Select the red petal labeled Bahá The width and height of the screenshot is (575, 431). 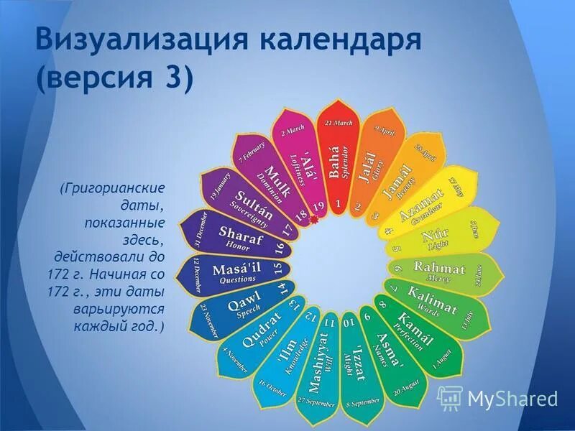point(336,162)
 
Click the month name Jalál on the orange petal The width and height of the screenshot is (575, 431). point(367,167)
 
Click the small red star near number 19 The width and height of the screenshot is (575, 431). point(313,223)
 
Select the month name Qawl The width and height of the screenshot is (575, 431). point(244,307)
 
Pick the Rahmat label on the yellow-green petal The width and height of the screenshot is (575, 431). point(439,269)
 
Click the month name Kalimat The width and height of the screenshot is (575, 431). point(432,300)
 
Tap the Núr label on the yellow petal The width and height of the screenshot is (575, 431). point(436,235)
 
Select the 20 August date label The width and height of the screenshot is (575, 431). point(406,389)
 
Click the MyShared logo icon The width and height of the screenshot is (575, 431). point(450,397)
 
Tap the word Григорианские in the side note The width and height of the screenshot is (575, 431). point(114,188)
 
